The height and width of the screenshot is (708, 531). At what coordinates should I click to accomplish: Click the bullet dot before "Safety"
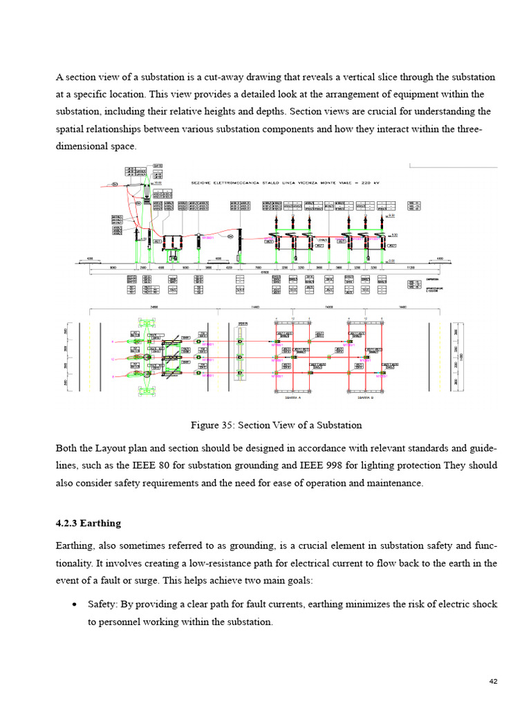point(74,605)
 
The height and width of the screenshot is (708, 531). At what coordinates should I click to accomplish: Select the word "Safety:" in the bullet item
point(104,604)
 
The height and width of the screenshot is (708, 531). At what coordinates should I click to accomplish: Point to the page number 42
point(494,682)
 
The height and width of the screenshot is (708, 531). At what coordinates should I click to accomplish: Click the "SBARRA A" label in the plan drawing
point(293,399)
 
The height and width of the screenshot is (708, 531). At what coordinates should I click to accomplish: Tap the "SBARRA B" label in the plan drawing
point(366,399)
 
